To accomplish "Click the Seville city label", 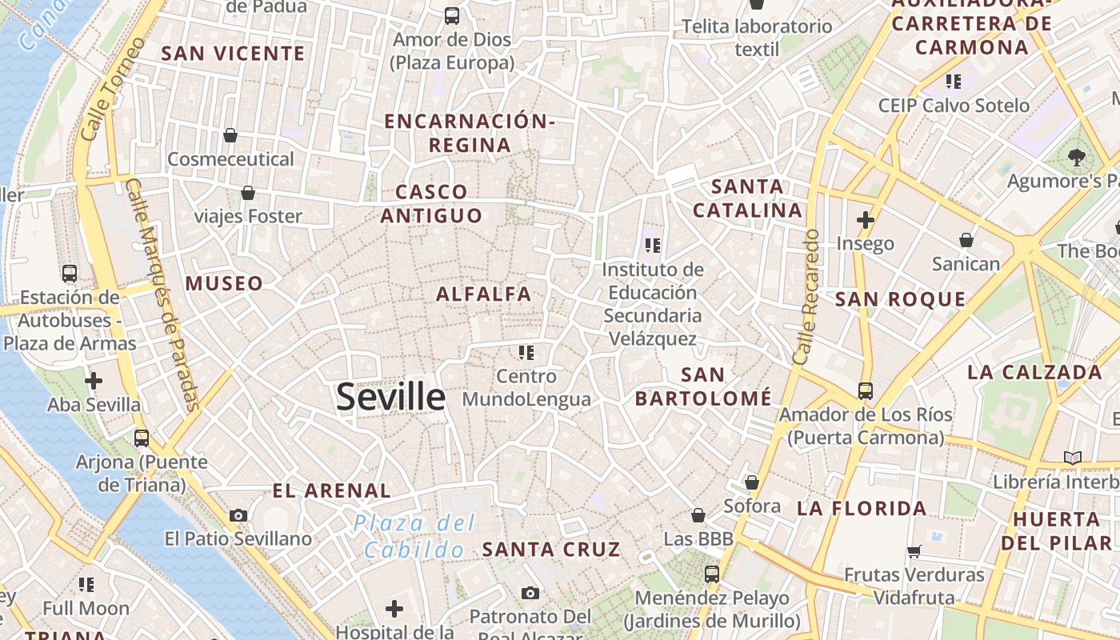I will pyautogui.click(x=390, y=397).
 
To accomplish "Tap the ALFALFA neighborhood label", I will pyautogui.click(x=484, y=294).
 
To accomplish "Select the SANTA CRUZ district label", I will pyautogui.click(x=551, y=549).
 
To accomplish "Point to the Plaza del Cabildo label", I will pyautogui.click(x=415, y=537).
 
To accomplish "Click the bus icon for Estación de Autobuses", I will pyautogui.click(x=70, y=274).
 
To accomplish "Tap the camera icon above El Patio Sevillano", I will pyautogui.click(x=238, y=515).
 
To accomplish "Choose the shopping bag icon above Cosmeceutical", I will pyautogui.click(x=230, y=135).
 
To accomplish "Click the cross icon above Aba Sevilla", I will pyautogui.click(x=94, y=380).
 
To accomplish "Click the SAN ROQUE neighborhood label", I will pyautogui.click(x=900, y=299).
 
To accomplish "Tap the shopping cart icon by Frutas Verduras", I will pyautogui.click(x=914, y=551).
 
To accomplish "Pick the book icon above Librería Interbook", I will pyautogui.click(x=1072, y=458).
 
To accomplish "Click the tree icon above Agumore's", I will pyautogui.click(x=1076, y=158).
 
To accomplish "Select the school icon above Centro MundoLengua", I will pyautogui.click(x=526, y=352).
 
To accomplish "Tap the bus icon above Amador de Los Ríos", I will pyautogui.click(x=866, y=390).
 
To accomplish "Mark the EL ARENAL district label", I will pyautogui.click(x=331, y=490).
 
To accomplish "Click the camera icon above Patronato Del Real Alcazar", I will pyautogui.click(x=530, y=593).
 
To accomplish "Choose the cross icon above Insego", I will pyautogui.click(x=865, y=219).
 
